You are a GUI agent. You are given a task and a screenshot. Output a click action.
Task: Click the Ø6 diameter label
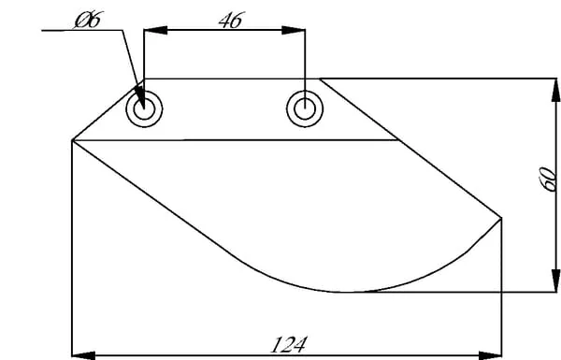tap(88, 20)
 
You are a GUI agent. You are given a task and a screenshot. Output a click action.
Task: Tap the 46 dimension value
tap(232, 20)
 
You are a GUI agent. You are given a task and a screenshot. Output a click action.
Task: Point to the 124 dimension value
tap(289, 345)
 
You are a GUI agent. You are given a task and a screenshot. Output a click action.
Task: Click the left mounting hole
tap(144, 108)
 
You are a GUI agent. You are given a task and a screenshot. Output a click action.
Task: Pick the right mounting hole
tap(305, 108)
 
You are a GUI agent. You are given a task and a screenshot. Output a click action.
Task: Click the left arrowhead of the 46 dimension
tap(155, 30)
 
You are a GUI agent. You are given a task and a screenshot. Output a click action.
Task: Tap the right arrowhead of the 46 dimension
tap(294, 30)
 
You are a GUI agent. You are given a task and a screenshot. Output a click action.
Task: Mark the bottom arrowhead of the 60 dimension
tap(555, 281)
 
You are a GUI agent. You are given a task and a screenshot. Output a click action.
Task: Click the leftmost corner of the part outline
tap(72, 140)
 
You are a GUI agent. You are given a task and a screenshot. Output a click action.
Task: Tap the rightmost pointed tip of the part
tap(501, 217)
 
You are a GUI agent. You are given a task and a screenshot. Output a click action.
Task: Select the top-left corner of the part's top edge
tap(144, 79)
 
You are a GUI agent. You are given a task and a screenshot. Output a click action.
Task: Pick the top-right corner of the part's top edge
tap(320, 79)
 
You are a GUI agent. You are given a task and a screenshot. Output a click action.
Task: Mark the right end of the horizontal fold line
tap(398, 140)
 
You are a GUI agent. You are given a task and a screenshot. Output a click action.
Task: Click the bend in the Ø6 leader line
tap(123, 31)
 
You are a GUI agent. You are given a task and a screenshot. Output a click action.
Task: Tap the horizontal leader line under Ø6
tap(82, 31)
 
